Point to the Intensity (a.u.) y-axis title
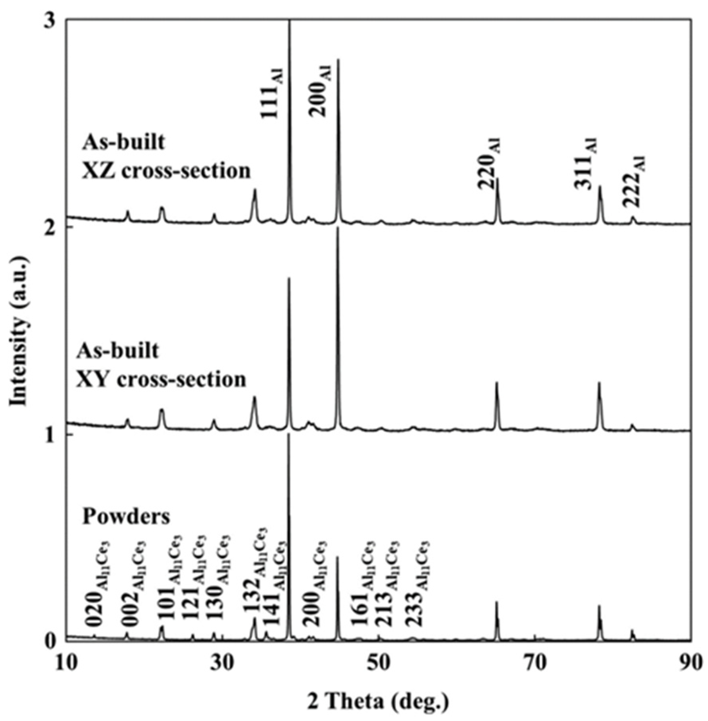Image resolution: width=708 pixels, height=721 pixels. (x=19, y=330)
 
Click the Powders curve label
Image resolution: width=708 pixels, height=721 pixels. (x=126, y=517)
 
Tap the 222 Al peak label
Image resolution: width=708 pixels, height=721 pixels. (x=634, y=181)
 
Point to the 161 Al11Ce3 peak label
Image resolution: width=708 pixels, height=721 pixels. (x=364, y=577)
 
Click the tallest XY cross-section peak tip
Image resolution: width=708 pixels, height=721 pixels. (x=338, y=228)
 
